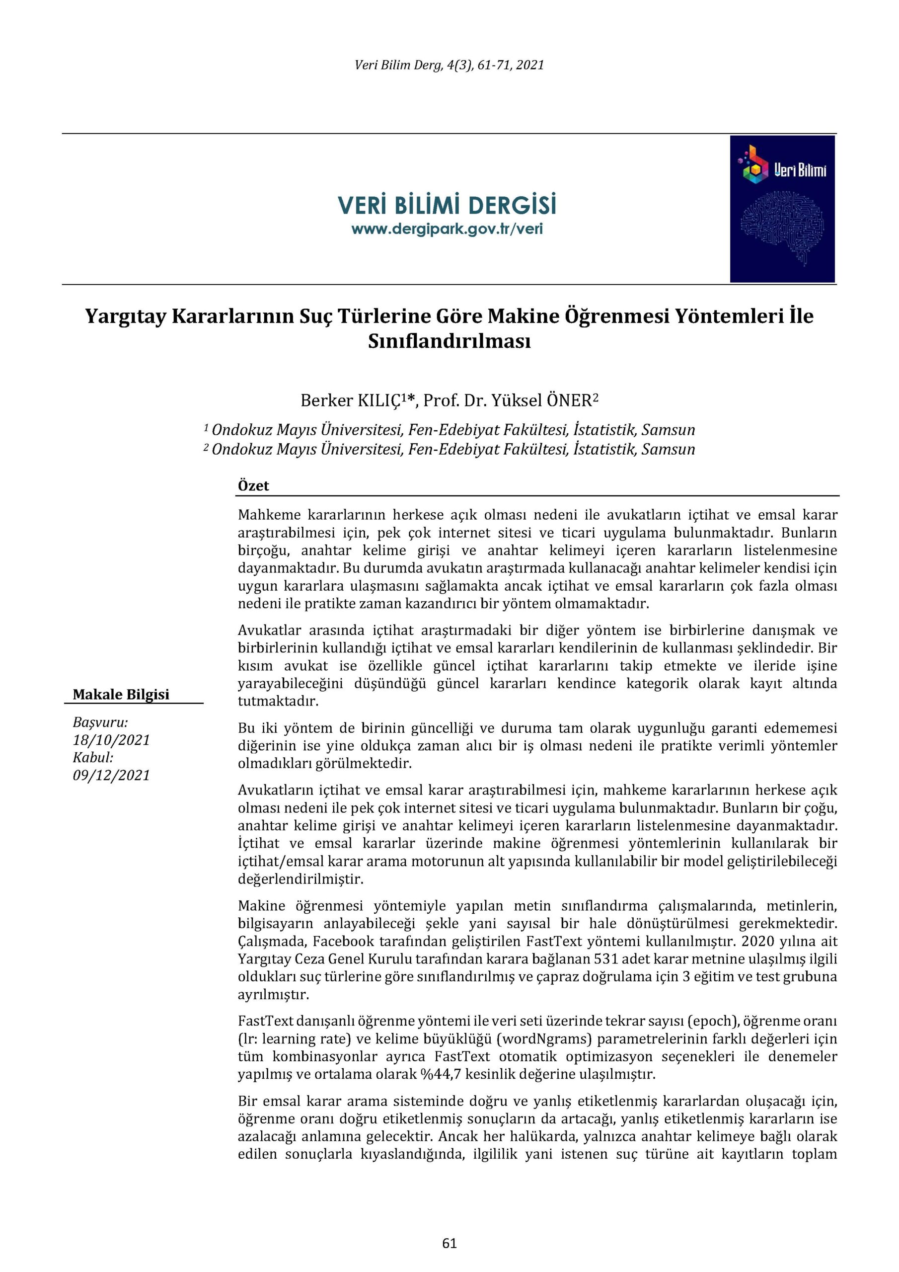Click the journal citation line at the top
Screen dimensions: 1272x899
449,66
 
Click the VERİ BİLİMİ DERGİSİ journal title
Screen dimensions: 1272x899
447,206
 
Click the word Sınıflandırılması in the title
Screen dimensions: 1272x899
449,341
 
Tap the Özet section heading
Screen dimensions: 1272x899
253,486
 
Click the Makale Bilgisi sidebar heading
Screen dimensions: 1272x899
121,695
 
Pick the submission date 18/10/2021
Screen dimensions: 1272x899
111,740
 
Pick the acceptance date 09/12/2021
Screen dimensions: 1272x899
111,775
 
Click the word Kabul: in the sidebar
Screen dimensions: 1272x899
93,757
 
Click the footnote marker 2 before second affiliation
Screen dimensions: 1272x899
206,447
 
